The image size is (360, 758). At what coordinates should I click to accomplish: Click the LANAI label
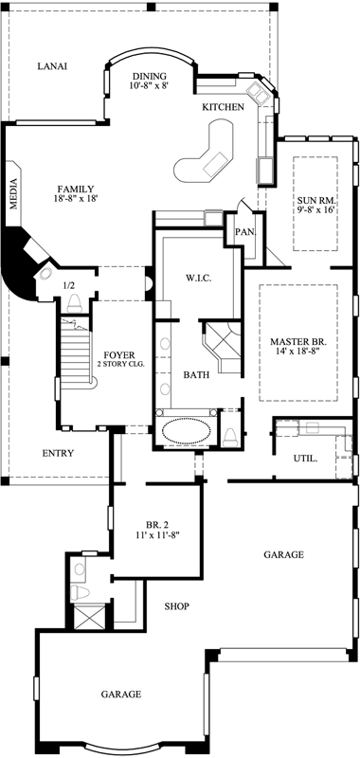coord(51,66)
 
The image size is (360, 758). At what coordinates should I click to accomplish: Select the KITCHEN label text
coord(224,107)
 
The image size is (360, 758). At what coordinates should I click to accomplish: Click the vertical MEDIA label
coord(14,192)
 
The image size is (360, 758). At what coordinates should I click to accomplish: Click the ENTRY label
coord(59,453)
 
